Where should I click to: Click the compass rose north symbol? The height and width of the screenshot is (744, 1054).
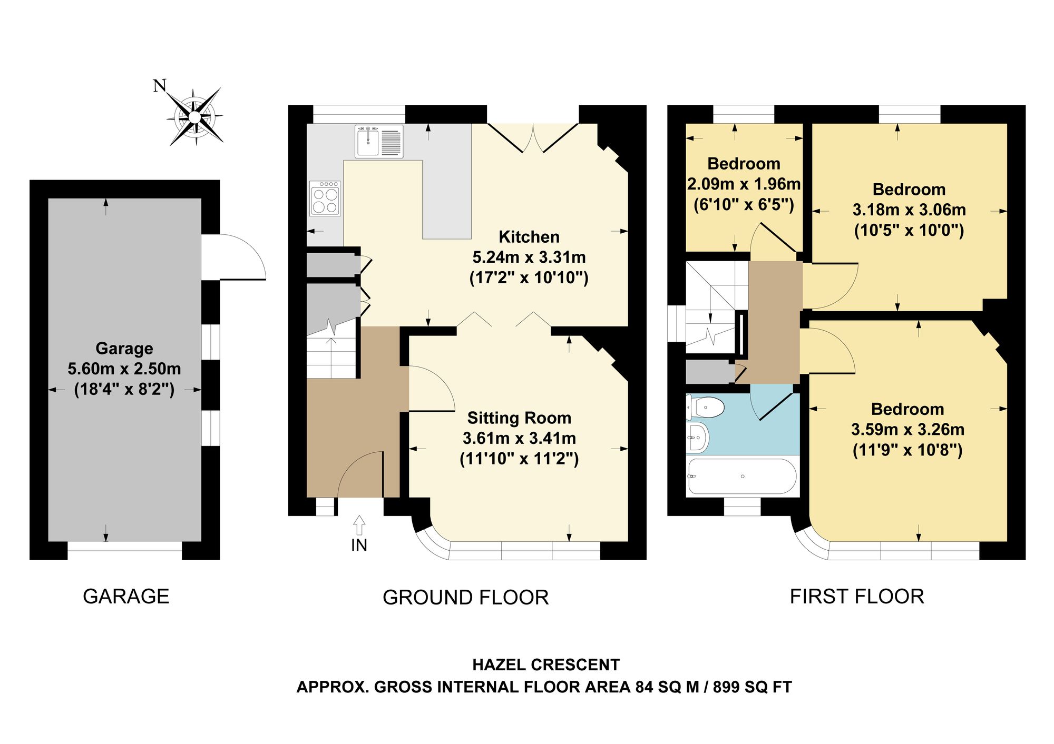point(195,116)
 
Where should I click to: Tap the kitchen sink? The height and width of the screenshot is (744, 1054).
point(379,141)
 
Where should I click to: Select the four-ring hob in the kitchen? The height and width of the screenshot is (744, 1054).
point(325,199)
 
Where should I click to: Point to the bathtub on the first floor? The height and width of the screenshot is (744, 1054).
point(742,477)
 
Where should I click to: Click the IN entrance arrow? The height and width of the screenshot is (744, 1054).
point(359,525)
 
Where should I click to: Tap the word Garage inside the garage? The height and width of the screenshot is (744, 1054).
point(124,349)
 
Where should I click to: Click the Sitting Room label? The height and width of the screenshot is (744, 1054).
point(519,418)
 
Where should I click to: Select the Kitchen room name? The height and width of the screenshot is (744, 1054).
point(529,237)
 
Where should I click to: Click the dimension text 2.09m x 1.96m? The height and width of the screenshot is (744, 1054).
point(744,184)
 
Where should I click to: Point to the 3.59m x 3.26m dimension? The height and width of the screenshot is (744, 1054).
point(907,430)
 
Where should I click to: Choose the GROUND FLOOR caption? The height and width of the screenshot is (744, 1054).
point(466,598)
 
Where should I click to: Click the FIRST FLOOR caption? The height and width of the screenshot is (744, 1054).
point(857,597)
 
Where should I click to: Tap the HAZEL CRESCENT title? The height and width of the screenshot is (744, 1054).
point(546,665)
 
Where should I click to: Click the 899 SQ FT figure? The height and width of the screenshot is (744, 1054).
point(753,687)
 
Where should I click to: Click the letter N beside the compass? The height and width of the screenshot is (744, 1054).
point(160,86)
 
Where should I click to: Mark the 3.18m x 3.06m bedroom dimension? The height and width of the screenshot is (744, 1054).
point(909,210)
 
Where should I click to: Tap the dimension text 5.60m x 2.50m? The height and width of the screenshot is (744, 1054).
point(124,369)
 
